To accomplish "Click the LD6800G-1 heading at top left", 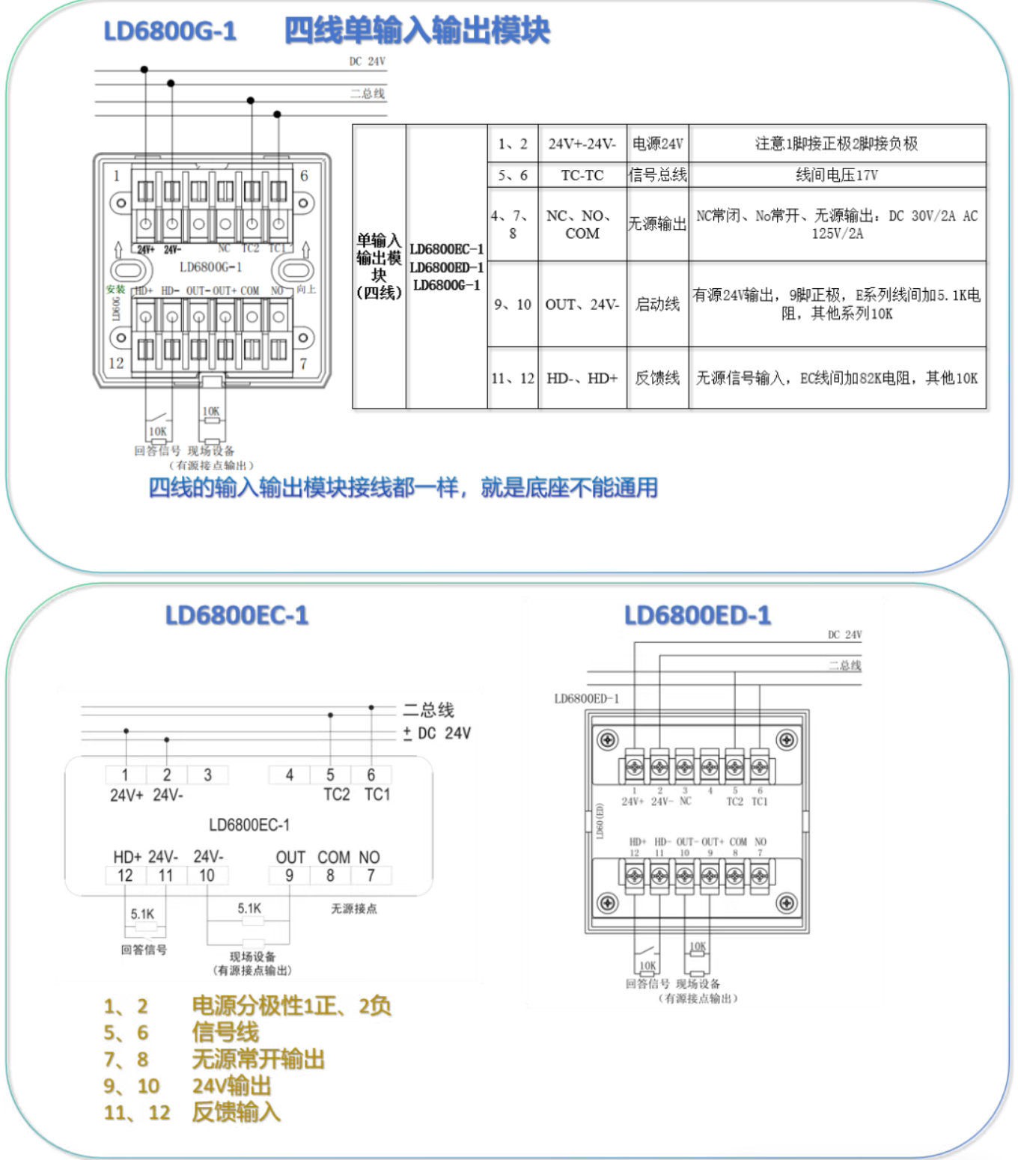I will click(170, 31).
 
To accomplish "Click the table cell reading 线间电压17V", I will click(836, 175).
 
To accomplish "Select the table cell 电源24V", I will click(657, 144).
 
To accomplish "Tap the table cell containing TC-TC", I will click(582, 175).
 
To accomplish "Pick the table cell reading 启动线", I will click(657, 304).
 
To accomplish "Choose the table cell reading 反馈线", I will click(657, 378).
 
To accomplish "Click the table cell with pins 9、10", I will click(512, 304).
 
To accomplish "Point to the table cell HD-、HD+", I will click(582, 378).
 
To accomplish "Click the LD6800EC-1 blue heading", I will click(237, 615).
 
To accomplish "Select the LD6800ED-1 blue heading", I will click(697, 615).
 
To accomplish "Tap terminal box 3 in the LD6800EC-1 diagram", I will click(207, 775).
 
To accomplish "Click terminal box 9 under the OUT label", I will click(289, 875).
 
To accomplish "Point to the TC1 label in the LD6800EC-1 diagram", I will click(377, 794).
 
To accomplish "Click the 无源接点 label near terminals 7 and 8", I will click(354, 909).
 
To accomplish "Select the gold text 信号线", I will click(225, 1033).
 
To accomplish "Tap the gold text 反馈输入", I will click(236, 1112).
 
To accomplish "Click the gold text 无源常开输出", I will click(258, 1059).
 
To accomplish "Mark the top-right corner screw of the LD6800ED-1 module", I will click(786, 740).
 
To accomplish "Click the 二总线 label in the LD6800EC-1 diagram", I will click(428, 709).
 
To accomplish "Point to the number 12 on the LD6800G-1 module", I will click(116, 363).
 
